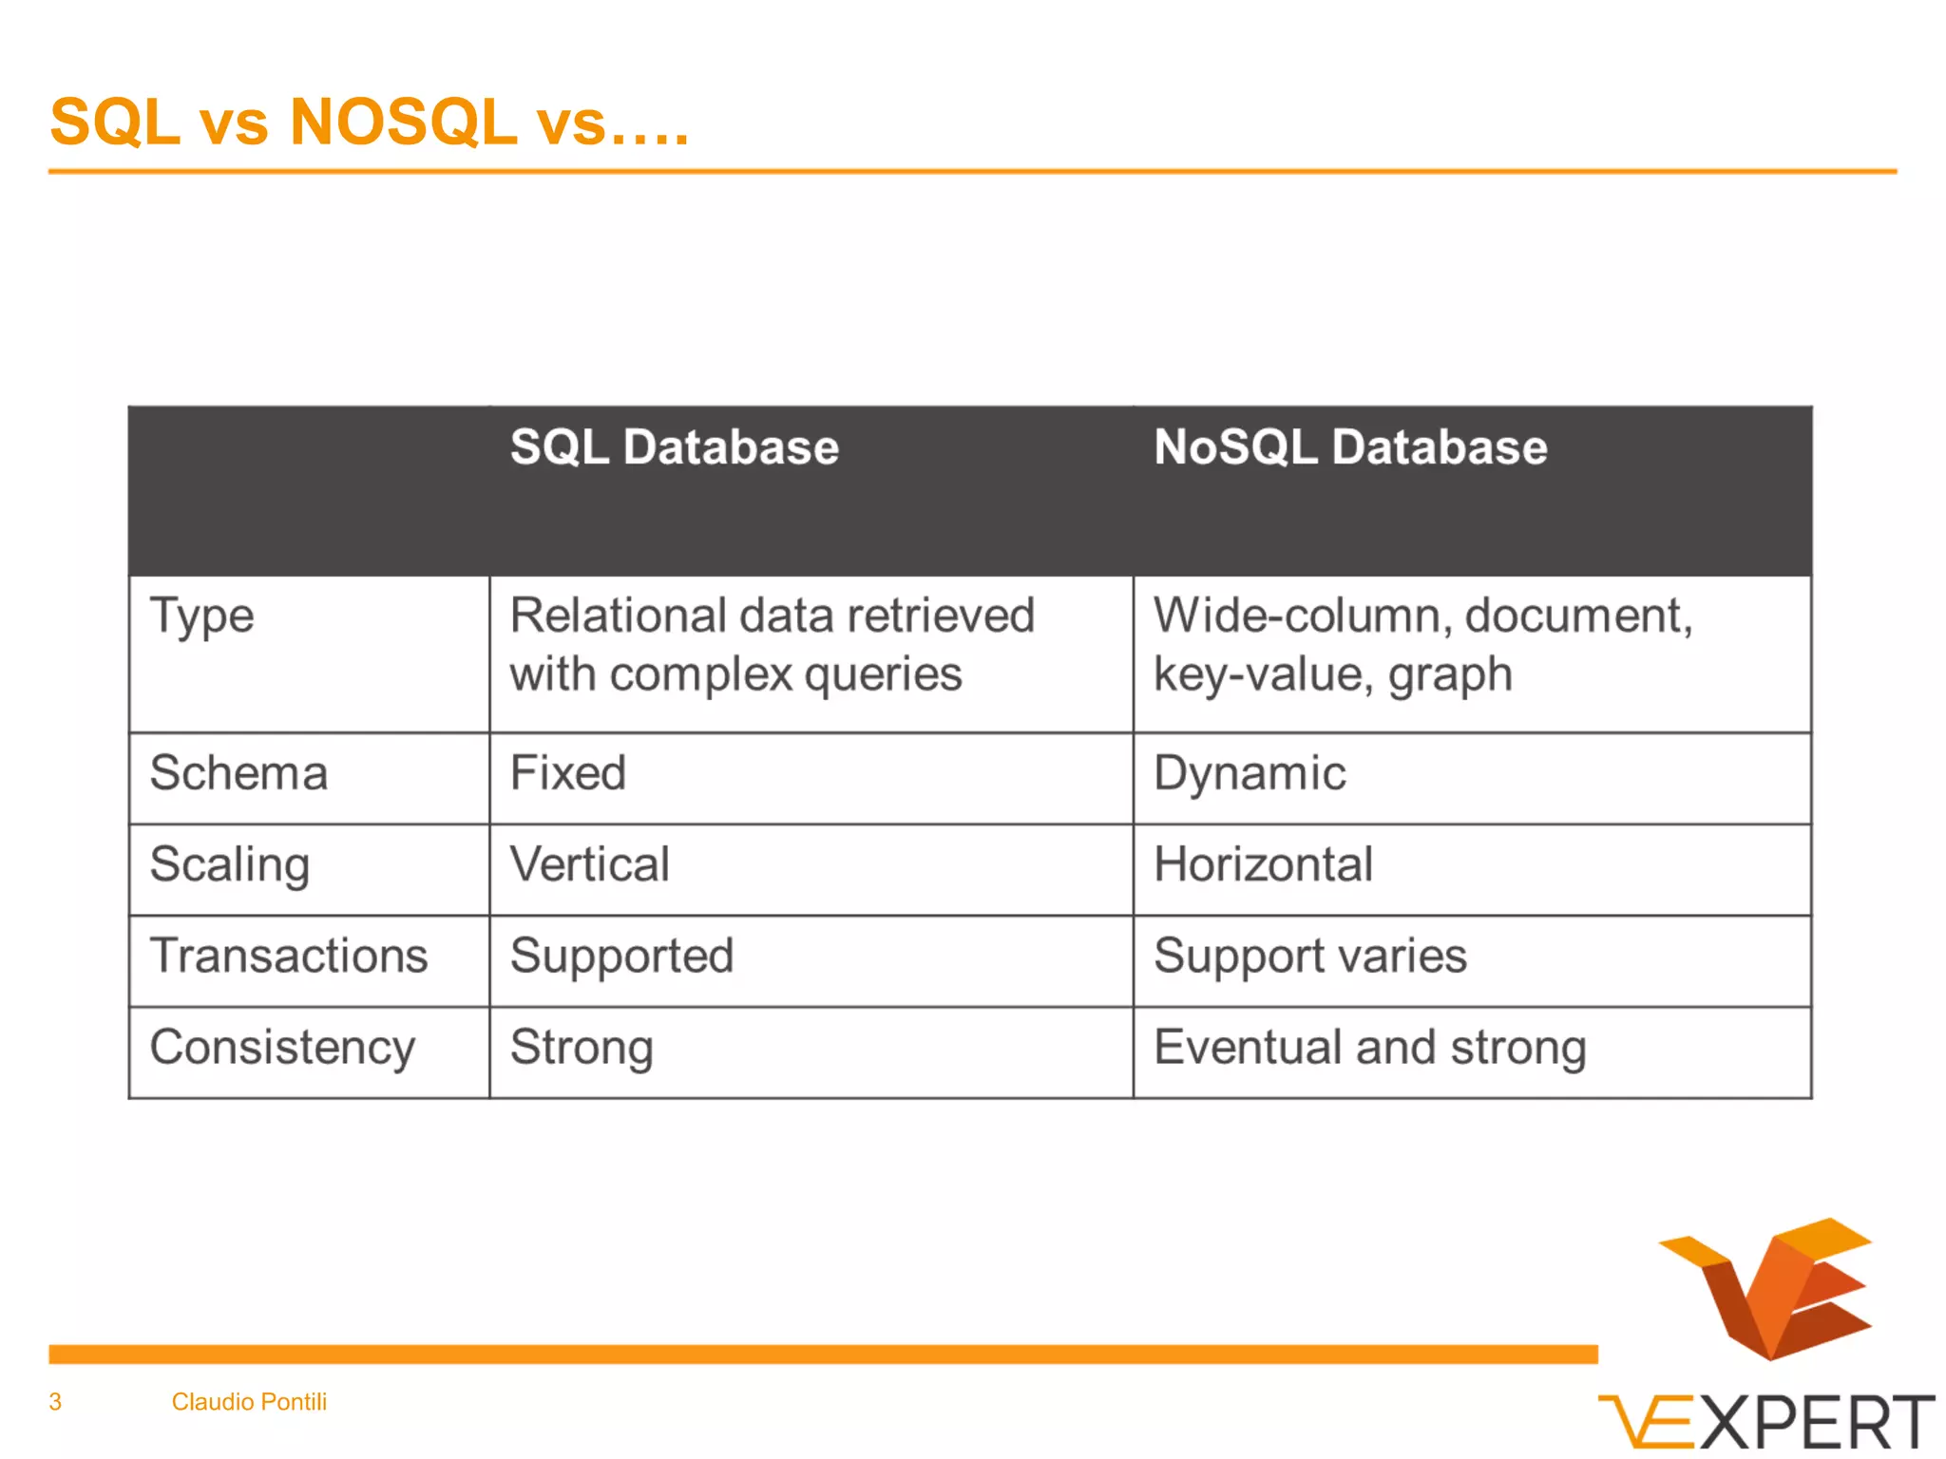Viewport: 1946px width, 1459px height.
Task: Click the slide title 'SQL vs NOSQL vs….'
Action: point(369,123)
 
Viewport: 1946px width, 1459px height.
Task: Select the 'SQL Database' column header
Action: point(674,447)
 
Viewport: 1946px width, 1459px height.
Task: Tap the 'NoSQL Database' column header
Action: point(1349,447)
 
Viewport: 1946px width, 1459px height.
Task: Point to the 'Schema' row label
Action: point(238,773)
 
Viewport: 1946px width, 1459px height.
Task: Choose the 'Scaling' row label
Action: point(230,865)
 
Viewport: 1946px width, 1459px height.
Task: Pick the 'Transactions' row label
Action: point(289,956)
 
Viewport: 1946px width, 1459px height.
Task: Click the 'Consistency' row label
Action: point(282,1048)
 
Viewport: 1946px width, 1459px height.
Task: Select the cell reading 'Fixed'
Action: point(567,773)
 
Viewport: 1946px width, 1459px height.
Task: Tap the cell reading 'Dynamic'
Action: point(1250,773)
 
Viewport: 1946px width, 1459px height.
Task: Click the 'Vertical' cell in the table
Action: point(589,865)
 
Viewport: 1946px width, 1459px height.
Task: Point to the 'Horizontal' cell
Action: point(1263,865)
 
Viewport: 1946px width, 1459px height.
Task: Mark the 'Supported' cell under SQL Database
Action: point(621,957)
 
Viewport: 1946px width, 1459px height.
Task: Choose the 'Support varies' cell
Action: point(1309,957)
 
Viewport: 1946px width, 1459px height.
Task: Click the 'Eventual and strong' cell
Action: point(1369,1048)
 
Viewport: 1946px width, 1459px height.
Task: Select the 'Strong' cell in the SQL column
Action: point(582,1048)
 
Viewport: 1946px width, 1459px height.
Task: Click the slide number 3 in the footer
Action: point(55,1402)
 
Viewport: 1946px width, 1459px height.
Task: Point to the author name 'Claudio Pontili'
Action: point(249,1402)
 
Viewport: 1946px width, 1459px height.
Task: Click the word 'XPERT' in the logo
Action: point(1815,1423)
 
